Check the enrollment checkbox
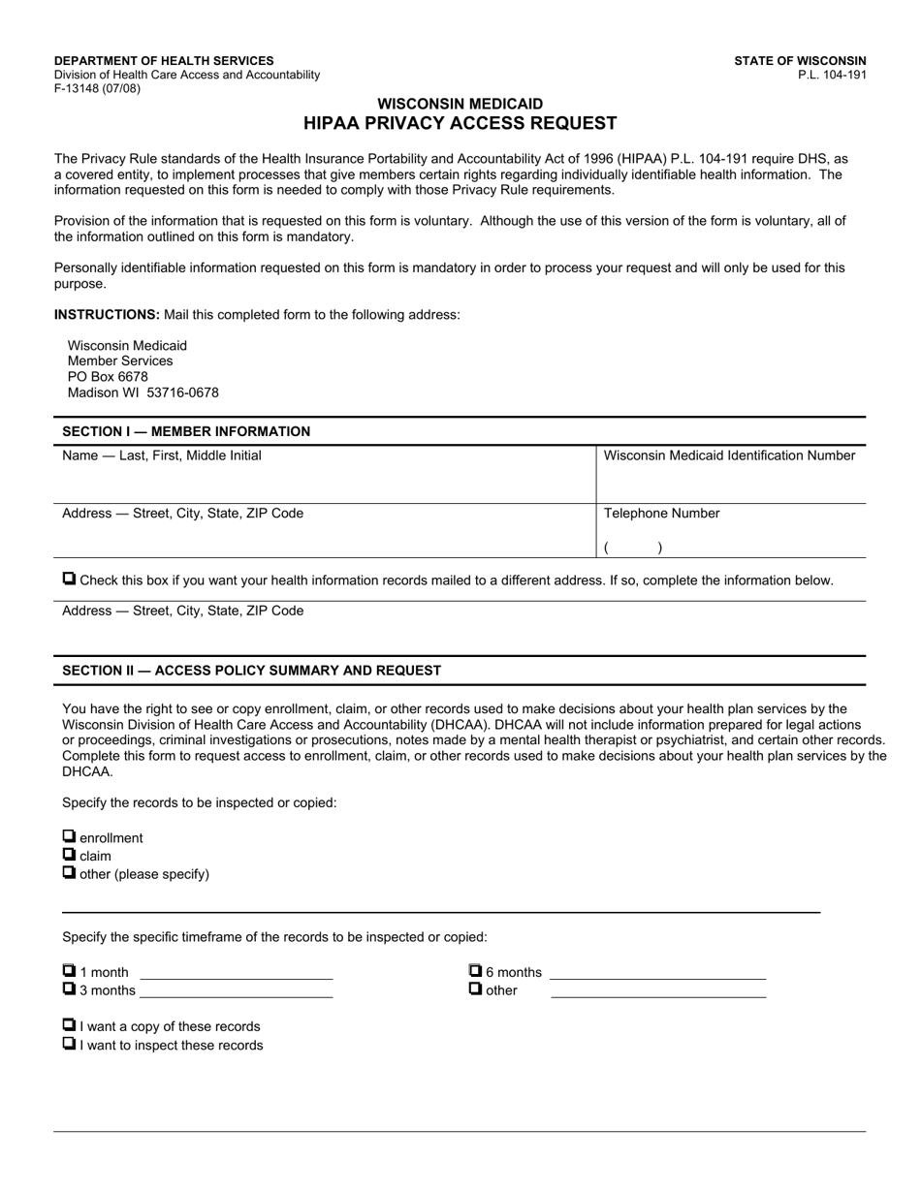[x=69, y=836]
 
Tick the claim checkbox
[x=69, y=854]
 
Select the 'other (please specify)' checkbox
[x=69, y=872]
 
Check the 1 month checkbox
[x=69, y=970]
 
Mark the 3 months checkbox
[x=69, y=988]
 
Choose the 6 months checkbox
[x=475, y=970]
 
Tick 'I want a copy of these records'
[x=69, y=1024]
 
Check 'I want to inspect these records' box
[x=69, y=1044]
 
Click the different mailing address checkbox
[x=69, y=579]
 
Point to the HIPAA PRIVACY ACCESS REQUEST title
[x=460, y=123]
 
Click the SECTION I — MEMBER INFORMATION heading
[x=186, y=431]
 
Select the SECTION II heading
[x=251, y=671]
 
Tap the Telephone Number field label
[x=661, y=514]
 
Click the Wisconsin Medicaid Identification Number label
[x=729, y=455]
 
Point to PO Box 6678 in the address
[x=108, y=377]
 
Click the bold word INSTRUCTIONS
[x=107, y=314]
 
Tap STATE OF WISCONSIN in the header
[x=800, y=60]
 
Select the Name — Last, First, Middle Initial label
[x=161, y=455]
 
